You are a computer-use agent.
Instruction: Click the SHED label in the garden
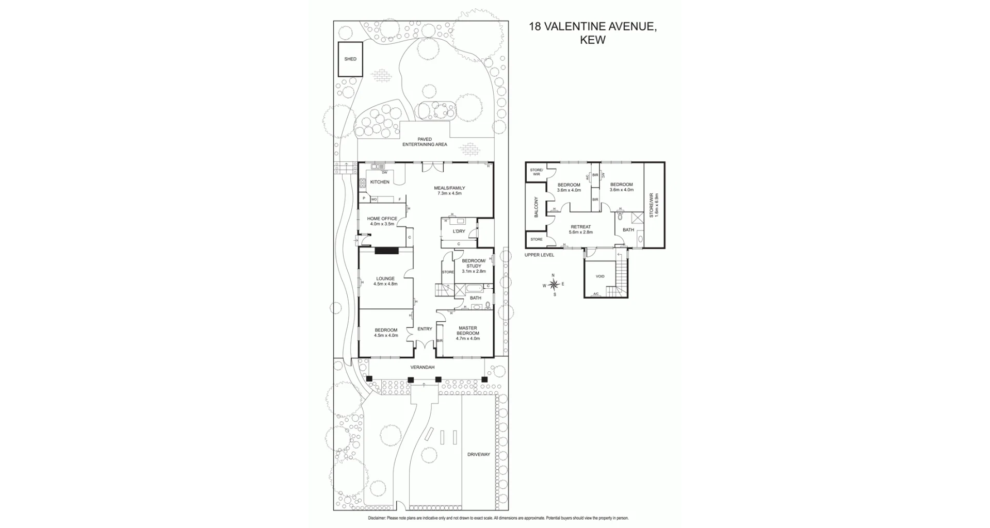point(350,59)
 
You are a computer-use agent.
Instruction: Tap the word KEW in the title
point(592,40)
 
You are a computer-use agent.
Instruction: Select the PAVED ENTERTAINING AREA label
point(425,142)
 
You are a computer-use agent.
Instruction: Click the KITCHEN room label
point(380,182)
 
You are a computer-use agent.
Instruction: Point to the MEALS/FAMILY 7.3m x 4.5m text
point(449,191)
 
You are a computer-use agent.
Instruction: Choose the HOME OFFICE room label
point(382,221)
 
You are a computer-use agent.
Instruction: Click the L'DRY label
point(459,232)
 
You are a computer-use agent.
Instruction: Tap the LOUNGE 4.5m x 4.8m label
point(385,281)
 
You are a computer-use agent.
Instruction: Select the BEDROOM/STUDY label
point(474,266)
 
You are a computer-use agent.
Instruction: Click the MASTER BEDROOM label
point(468,333)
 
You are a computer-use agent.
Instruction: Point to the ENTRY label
point(425,329)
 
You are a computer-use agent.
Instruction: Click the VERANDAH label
point(422,367)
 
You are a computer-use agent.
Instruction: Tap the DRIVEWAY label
point(478,454)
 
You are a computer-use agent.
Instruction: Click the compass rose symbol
point(554,285)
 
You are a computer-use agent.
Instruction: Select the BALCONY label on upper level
point(536,207)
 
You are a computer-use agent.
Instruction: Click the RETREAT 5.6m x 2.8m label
point(580,229)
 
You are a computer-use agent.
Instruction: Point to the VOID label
point(600,276)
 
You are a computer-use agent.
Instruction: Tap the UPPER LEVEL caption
point(539,255)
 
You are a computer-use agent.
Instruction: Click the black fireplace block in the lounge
point(386,251)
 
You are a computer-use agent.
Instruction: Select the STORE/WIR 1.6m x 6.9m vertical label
point(654,205)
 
